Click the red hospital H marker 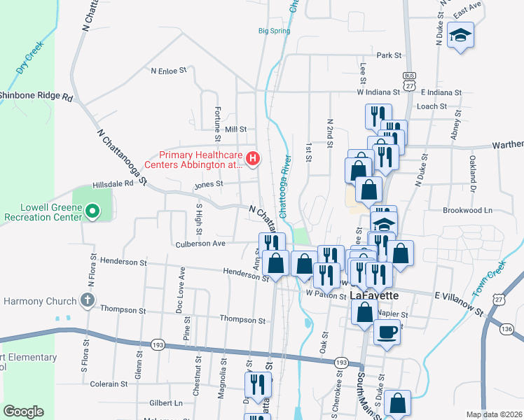(x=253, y=160)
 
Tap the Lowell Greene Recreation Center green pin (x=92, y=212)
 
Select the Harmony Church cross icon (x=87, y=301)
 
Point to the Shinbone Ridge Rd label (x=36, y=97)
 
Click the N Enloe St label (x=170, y=71)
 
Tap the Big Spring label (x=273, y=31)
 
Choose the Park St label (x=388, y=55)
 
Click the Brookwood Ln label (x=467, y=210)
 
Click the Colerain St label (x=109, y=384)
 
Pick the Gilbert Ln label (x=165, y=403)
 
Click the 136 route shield (x=507, y=329)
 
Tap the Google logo (x=23, y=412)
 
